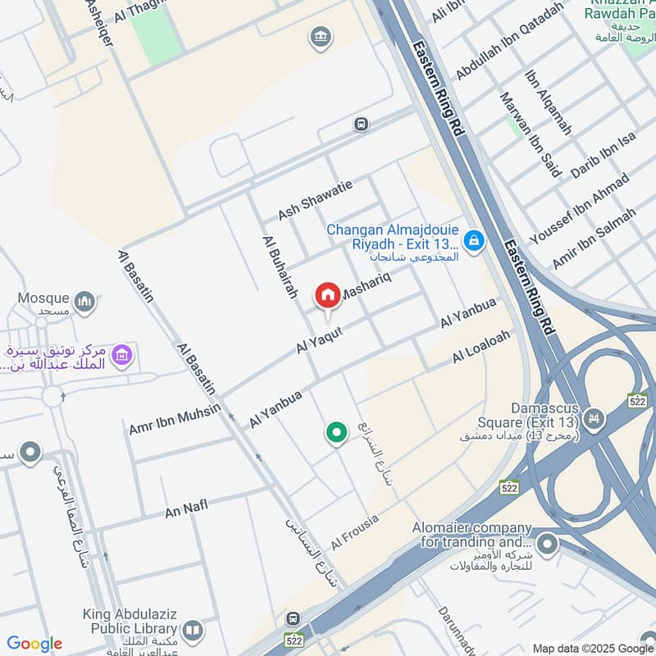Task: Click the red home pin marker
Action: [328, 296]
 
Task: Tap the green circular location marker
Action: [335, 432]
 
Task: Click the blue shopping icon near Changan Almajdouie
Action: [473, 240]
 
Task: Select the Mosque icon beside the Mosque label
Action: [84, 303]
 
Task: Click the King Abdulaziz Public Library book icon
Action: [193, 630]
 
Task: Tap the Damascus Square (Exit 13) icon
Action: [594, 418]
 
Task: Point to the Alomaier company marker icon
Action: [547, 543]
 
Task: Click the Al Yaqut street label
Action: [317, 338]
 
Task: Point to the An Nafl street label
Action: [186, 508]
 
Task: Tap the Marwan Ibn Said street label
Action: [530, 134]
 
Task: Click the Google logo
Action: [34, 644]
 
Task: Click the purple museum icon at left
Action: [122, 356]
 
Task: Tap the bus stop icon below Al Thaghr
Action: [360, 125]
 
